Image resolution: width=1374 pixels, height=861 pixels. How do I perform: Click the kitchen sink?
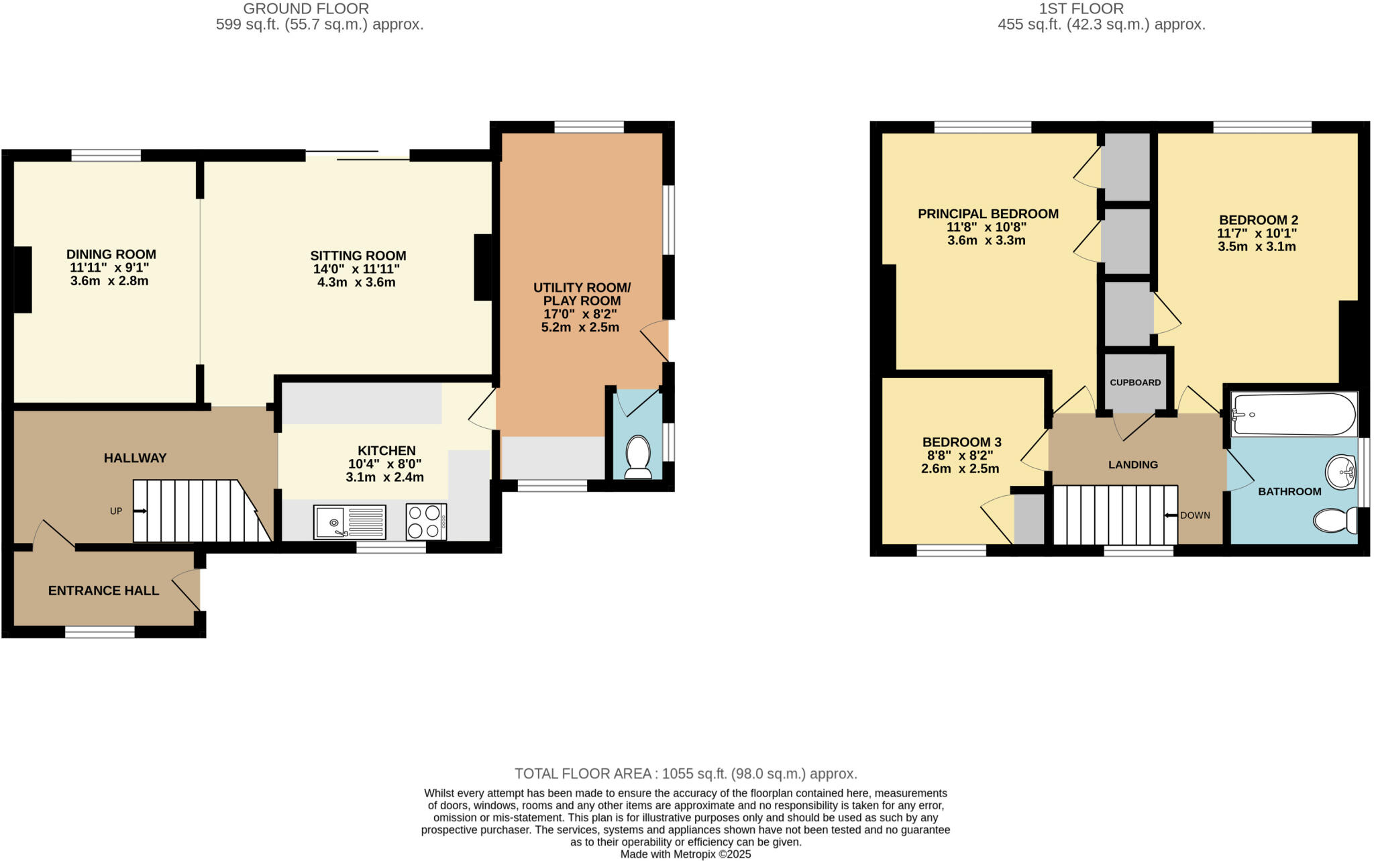pos(349,522)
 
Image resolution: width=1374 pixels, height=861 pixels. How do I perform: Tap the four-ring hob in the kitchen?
pos(426,522)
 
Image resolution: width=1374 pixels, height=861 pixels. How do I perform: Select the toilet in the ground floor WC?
pos(637,457)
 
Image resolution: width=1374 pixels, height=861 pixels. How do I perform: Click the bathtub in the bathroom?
pos(1293,414)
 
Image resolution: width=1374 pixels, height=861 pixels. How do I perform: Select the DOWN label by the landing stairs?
pos(1194,515)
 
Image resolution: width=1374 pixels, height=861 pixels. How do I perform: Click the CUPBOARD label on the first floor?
pos(1135,383)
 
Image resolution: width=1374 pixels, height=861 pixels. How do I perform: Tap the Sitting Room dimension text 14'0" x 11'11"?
pos(356,269)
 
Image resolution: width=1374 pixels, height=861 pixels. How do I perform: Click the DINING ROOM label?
pos(111,254)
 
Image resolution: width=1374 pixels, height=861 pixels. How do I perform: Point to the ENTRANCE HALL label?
pos(103,591)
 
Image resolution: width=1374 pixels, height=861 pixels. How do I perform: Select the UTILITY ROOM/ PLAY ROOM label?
pos(582,294)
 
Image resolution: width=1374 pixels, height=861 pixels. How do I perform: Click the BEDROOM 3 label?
pos(961,442)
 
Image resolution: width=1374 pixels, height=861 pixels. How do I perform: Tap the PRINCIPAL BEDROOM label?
pos(988,214)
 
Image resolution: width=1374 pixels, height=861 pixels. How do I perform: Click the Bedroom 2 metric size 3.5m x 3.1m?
pos(1257,246)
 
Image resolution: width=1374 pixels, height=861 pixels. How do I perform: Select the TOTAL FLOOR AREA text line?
pos(686,774)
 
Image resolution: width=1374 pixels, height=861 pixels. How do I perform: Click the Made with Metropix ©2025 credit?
pos(685,854)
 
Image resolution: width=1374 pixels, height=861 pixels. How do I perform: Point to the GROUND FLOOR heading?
pos(305,9)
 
